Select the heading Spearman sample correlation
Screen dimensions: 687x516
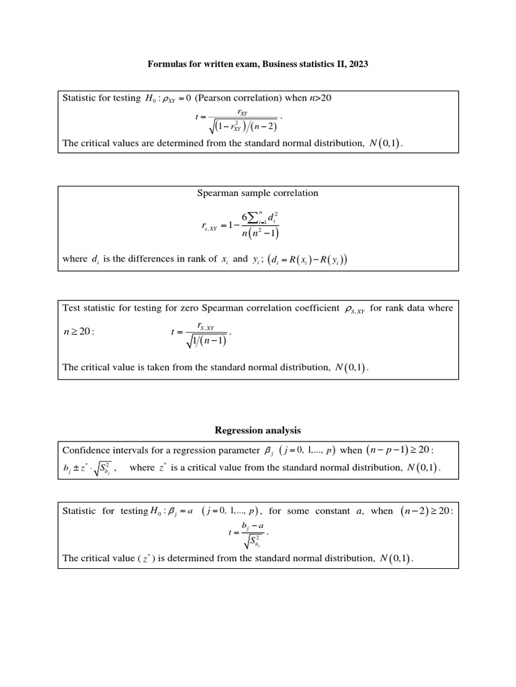[258, 193]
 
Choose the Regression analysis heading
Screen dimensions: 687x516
[258, 430]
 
